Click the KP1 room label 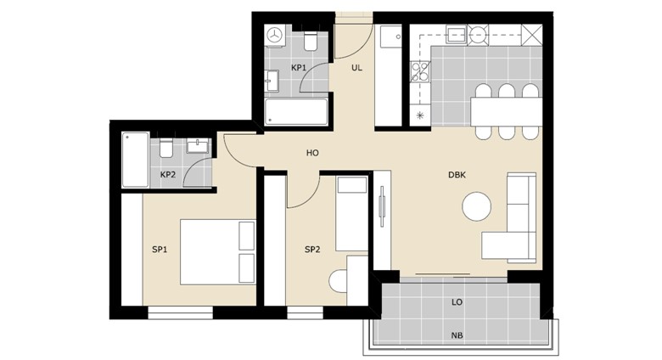coord(299,68)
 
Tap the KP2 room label coord(167,174)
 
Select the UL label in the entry coord(356,68)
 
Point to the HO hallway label coord(312,153)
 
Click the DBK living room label coord(457,175)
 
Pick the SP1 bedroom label coord(160,250)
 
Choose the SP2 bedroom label coord(312,250)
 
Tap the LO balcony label coord(457,302)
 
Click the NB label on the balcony coord(457,335)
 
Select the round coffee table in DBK coord(477,206)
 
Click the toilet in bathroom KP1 coord(311,41)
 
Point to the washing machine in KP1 coord(275,36)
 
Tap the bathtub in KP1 coord(296,111)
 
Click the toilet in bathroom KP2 coord(165,148)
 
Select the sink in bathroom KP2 coord(198,146)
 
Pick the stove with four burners coord(420,71)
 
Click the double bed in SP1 coord(218,252)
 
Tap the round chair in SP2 coord(338,281)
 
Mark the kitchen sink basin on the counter coord(457,34)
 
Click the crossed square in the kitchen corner coord(531,34)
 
